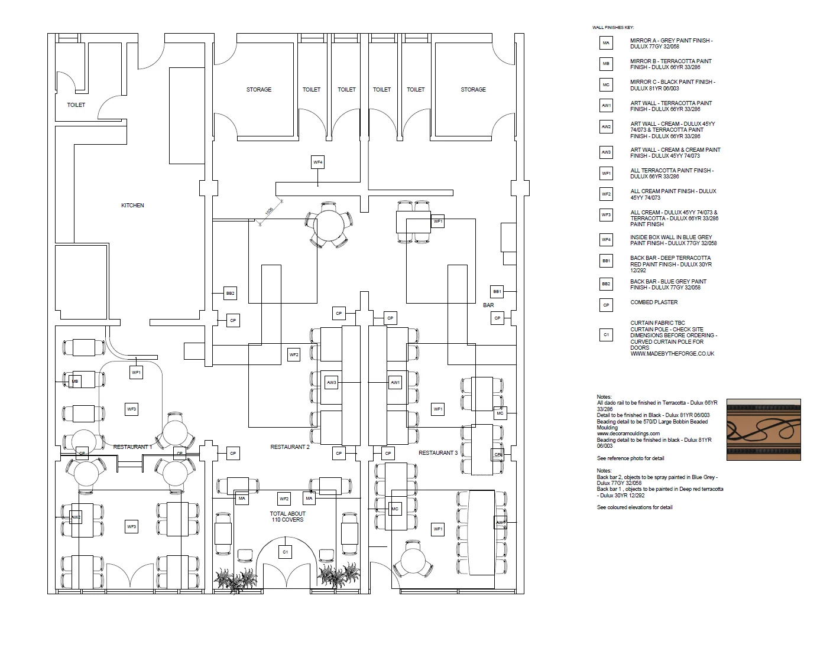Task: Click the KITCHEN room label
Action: [132, 206]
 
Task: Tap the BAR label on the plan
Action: [488, 305]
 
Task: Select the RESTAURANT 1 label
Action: [132, 447]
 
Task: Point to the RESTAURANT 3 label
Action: [437, 453]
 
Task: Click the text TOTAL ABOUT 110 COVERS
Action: [287, 517]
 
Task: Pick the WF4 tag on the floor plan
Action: [318, 162]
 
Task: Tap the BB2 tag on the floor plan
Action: [231, 293]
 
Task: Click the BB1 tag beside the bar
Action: [497, 291]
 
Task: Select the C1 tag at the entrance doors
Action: [285, 552]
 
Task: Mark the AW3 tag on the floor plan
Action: [332, 383]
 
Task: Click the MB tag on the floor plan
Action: [75, 382]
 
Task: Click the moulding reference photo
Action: [763, 429]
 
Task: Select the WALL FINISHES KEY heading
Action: [613, 28]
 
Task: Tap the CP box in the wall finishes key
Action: [606, 305]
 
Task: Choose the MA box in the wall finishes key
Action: [606, 43]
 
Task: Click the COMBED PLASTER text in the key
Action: [654, 302]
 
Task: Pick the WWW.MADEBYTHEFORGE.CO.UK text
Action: [672, 354]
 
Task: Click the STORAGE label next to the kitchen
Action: [259, 90]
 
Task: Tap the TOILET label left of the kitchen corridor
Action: [76, 105]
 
